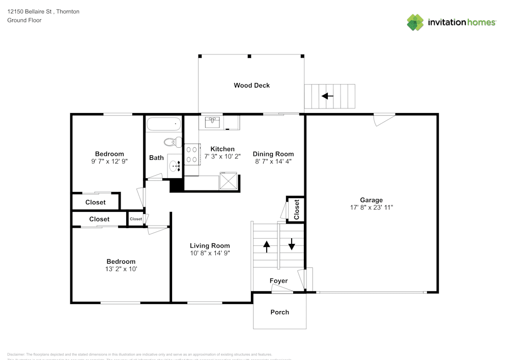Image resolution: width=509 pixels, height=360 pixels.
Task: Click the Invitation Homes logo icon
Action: pyautogui.click(x=415, y=22)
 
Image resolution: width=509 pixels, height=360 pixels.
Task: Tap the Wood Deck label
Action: pyautogui.click(x=251, y=86)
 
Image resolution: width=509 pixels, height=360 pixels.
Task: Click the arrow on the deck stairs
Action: pyautogui.click(x=327, y=95)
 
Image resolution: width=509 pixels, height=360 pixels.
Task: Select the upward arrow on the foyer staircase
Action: pyautogui.click(x=266, y=246)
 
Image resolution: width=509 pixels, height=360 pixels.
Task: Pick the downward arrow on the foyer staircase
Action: pyautogui.click(x=292, y=244)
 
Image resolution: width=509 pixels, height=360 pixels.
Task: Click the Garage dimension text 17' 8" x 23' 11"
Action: pyautogui.click(x=371, y=208)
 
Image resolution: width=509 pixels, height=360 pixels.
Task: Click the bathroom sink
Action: pyautogui.click(x=175, y=165)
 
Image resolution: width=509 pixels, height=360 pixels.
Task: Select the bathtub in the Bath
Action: pyautogui.click(x=163, y=124)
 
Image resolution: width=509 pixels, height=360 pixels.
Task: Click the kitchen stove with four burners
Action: pyautogui.click(x=192, y=155)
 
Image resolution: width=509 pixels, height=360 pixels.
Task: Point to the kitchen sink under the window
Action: pyautogui.click(x=213, y=122)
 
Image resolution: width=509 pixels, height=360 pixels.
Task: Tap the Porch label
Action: pyautogui.click(x=279, y=312)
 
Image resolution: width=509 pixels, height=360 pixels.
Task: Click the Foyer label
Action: pyautogui.click(x=278, y=281)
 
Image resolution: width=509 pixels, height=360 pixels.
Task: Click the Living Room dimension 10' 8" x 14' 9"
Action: pyautogui.click(x=210, y=253)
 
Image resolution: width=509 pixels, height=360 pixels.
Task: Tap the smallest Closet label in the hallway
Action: pyautogui.click(x=136, y=219)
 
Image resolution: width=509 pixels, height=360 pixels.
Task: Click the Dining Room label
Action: pyautogui.click(x=273, y=154)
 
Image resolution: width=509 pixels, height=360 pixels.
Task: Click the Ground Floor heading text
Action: pyautogui.click(x=24, y=20)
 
